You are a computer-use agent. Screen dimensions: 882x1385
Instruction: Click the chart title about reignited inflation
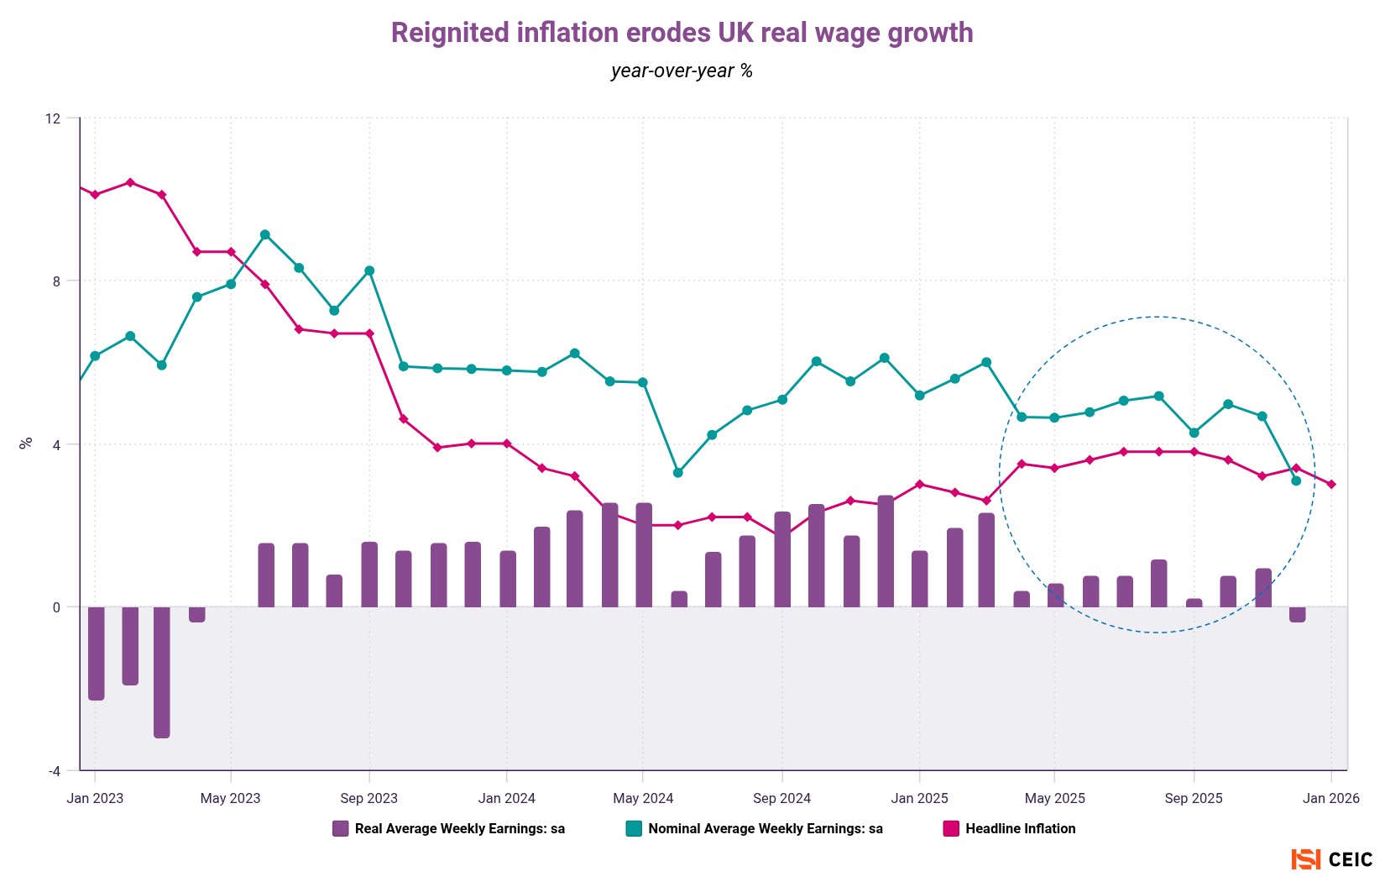[682, 33]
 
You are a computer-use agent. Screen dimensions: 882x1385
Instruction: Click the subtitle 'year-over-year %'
[682, 71]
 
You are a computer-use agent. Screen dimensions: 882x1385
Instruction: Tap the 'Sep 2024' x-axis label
[781, 798]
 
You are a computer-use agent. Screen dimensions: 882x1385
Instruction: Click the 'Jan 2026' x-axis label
[1330, 798]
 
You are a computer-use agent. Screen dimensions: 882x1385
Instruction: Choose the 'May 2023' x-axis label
[230, 798]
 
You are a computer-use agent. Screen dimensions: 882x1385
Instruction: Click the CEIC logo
[1332, 859]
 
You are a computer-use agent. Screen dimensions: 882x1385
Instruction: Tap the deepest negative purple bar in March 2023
[162, 672]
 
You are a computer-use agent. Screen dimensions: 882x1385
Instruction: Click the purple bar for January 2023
[96, 653]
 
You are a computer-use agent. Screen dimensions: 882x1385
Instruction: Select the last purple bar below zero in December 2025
[1297, 614]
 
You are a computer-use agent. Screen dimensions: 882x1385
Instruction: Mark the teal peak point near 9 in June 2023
[264, 234]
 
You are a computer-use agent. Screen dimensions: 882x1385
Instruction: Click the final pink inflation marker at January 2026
[1331, 485]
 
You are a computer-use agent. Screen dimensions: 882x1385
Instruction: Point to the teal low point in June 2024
[678, 473]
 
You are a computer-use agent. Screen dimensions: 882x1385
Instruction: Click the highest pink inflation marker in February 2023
[130, 182]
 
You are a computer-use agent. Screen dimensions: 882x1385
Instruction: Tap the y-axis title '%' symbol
[25, 443]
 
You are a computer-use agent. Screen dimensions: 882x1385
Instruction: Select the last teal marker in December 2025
[1296, 480]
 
